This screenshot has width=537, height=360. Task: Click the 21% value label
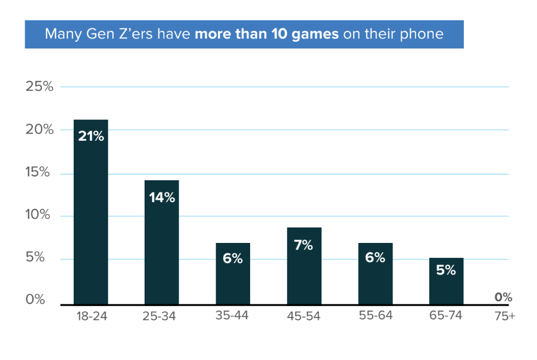pyautogui.click(x=91, y=136)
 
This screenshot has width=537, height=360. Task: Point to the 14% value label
pyautogui.click(x=162, y=197)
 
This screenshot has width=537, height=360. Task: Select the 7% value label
pyautogui.click(x=303, y=245)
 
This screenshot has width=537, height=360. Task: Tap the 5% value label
pyautogui.click(x=446, y=270)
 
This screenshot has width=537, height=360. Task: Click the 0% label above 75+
pyautogui.click(x=503, y=297)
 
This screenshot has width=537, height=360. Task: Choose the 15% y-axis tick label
pyautogui.click(x=40, y=173)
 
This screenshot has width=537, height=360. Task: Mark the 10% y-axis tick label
pyautogui.click(x=40, y=215)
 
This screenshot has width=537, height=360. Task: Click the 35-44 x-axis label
pyautogui.click(x=233, y=316)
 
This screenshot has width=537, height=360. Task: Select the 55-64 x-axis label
pyautogui.click(x=375, y=316)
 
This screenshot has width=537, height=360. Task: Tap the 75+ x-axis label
pyautogui.click(x=503, y=316)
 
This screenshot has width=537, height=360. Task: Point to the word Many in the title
pyautogui.click(x=59, y=34)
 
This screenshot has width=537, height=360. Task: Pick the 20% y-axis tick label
pyautogui.click(x=40, y=130)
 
